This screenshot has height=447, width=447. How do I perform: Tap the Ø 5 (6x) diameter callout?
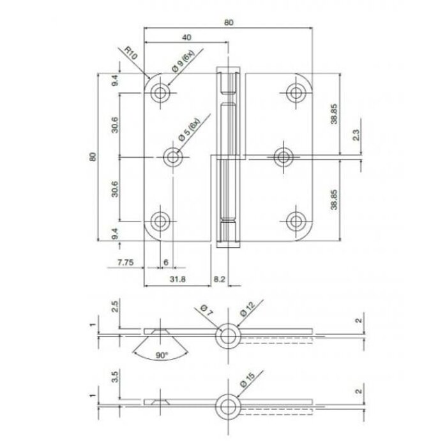(190, 130)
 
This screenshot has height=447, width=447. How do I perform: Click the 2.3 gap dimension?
(356, 135)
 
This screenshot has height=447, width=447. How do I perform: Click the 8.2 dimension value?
(219, 279)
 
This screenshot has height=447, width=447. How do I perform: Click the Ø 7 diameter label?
(206, 311)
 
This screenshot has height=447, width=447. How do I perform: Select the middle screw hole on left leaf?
(173, 156)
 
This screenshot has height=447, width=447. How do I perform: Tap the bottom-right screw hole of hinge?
(295, 220)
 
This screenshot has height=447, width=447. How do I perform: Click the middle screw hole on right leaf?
(282, 156)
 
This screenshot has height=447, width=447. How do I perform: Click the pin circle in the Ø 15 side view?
(227, 404)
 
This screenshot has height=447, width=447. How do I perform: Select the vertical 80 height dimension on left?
(93, 156)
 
